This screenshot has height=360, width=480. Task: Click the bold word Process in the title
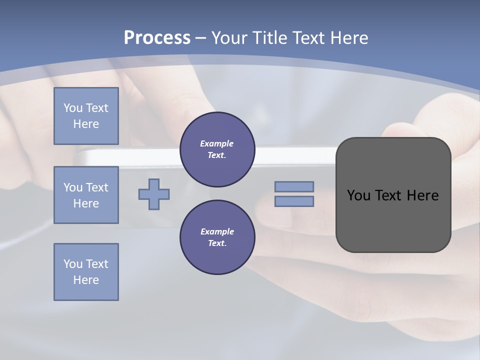click(157, 38)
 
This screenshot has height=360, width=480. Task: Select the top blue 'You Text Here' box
click(86, 116)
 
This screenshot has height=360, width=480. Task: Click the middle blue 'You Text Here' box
click(86, 195)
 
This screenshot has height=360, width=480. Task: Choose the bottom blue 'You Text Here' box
click(86, 272)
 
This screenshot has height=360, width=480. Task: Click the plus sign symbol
click(154, 194)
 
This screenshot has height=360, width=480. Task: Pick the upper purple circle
click(217, 149)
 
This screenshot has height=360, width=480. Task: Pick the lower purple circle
click(217, 237)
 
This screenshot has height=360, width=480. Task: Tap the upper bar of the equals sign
click(294, 186)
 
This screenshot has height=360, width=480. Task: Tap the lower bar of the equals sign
click(294, 201)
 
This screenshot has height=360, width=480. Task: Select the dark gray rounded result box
click(393, 220)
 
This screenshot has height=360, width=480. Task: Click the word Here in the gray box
click(422, 195)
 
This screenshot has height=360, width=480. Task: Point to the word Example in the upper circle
click(216, 143)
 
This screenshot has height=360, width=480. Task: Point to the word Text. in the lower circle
click(217, 243)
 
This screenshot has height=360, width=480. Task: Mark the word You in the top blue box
click(72, 108)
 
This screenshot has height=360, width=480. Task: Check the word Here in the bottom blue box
click(86, 280)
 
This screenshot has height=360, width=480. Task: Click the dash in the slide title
click(200, 38)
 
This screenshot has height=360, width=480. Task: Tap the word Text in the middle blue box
click(96, 187)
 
